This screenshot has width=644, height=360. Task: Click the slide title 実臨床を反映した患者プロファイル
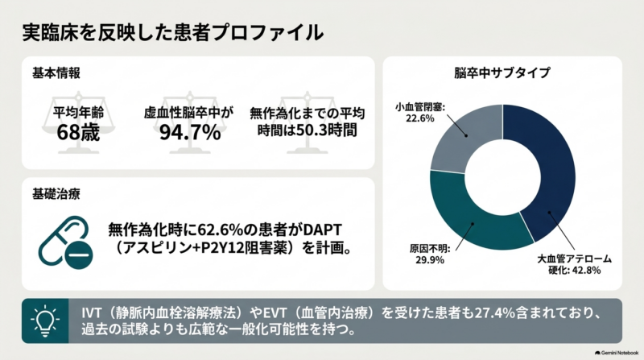coord(172,32)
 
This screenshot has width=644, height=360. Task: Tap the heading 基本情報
coord(56,73)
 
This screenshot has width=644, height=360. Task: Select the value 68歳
coord(78,133)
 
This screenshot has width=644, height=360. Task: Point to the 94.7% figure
coord(190,132)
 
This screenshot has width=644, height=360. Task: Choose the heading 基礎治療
coord(56,194)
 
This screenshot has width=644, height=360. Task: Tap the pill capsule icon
coord(66,242)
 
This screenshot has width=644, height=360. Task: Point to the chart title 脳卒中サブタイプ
coord(502,72)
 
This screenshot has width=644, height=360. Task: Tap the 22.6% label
coord(419,118)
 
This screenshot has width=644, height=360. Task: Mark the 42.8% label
coord(587,270)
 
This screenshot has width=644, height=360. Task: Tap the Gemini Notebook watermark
coord(617,353)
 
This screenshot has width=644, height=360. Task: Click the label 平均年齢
coord(78,112)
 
